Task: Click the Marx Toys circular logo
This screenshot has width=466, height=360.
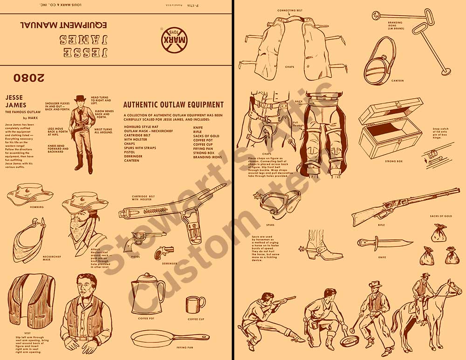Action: click(172, 41)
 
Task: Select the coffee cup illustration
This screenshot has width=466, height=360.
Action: click(195, 305)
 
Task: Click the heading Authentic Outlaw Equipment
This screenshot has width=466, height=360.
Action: click(173, 105)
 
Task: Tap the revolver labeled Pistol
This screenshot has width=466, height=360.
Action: click(144, 239)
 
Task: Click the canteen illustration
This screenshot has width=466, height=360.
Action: click(380, 61)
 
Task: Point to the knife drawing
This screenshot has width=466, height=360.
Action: click(383, 243)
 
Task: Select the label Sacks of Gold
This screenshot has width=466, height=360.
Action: click(441, 216)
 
